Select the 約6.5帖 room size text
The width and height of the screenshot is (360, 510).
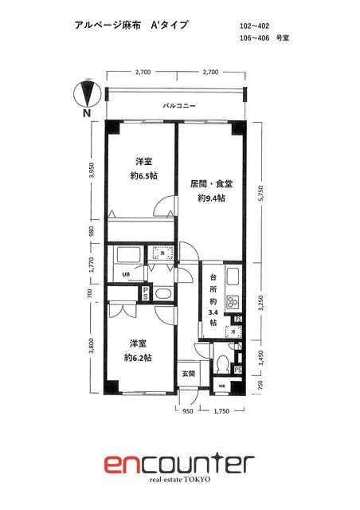pos(143,176)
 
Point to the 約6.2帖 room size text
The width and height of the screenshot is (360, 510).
pos(138,358)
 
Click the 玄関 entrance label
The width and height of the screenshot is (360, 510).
pos(188,373)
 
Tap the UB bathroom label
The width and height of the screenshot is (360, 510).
pos(126,276)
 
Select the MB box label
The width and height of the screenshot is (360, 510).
pos(222,389)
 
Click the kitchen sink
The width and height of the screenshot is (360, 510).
pos(234,278)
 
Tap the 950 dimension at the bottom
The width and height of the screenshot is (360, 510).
pos(187,411)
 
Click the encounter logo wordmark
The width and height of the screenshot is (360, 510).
pos(179,465)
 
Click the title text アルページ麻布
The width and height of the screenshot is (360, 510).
pos(101,25)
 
